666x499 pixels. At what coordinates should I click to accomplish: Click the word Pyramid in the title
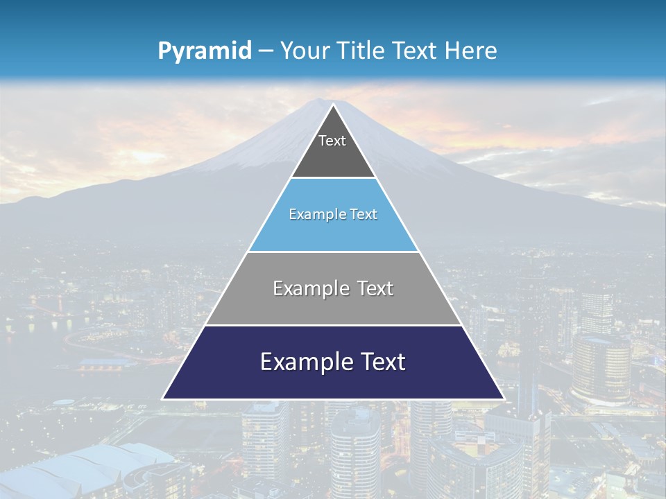(x=204, y=51)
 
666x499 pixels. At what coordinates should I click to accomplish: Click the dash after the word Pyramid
(x=266, y=51)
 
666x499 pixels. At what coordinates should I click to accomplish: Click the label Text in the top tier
(x=332, y=141)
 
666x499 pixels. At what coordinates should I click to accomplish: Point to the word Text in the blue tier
(x=364, y=215)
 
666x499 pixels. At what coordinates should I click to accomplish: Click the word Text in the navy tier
(x=383, y=362)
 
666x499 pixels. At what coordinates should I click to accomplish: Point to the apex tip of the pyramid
(x=333, y=105)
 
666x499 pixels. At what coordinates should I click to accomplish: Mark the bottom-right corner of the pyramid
(x=503, y=399)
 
